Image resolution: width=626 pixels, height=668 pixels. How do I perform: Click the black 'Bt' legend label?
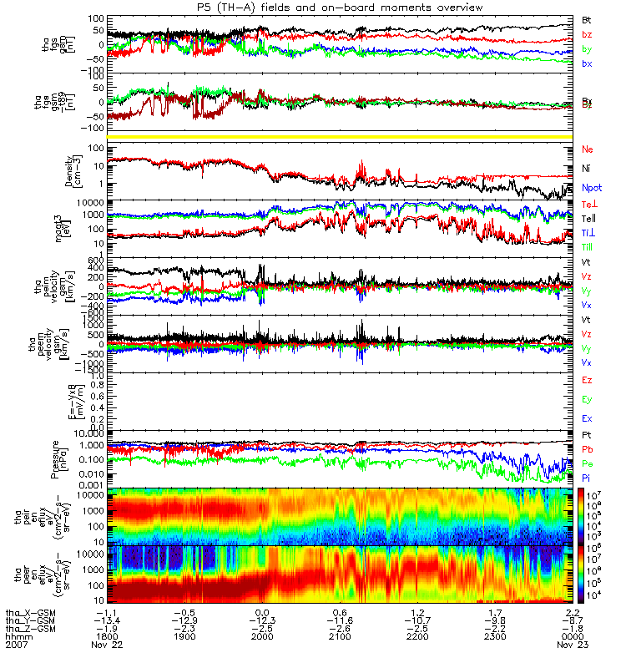[x=587, y=18]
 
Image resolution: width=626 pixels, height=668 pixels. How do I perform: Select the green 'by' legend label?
[x=587, y=49]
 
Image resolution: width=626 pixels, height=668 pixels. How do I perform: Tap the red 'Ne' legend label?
[x=588, y=149]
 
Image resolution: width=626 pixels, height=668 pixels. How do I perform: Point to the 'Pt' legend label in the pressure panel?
[x=587, y=436]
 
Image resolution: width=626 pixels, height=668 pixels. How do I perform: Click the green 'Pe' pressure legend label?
[x=588, y=463]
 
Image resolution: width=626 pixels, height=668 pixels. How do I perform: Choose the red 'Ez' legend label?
[x=588, y=380]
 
